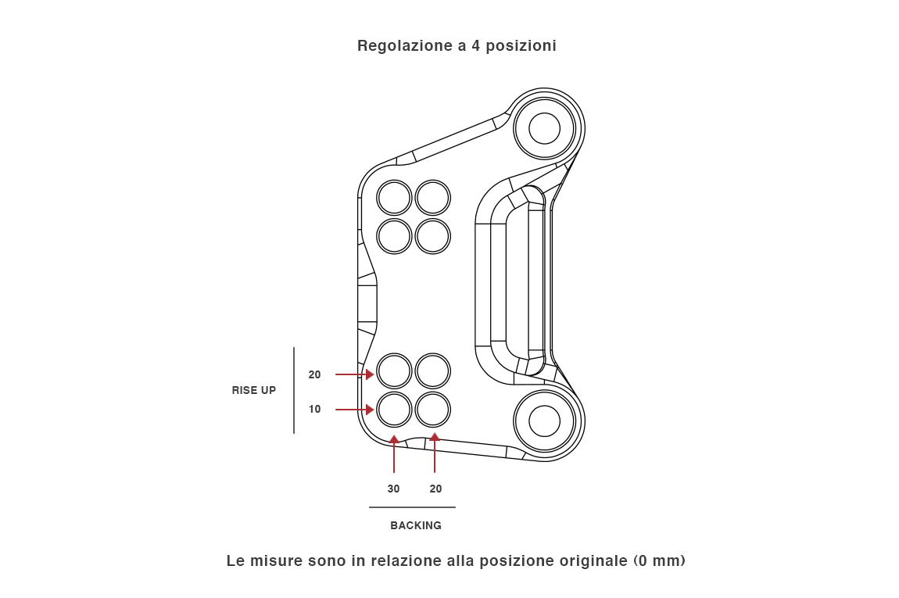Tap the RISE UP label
(x=254, y=390)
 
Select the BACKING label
(x=416, y=525)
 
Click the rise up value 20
(x=314, y=374)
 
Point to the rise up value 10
(x=314, y=409)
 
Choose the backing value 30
(x=393, y=489)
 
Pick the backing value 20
(x=435, y=489)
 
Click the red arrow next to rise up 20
(x=354, y=374)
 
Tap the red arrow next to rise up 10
(x=354, y=410)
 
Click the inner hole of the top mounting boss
(x=544, y=128)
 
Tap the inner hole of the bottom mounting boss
(x=544, y=421)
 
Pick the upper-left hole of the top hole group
(x=394, y=198)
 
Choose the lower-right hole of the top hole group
(x=432, y=236)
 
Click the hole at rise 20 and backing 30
(x=394, y=371)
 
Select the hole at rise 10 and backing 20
(x=432, y=409)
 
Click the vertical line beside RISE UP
(x=294, y=390)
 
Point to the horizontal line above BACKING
(x=412, y=507)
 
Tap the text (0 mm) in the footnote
(x=659, y=561)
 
